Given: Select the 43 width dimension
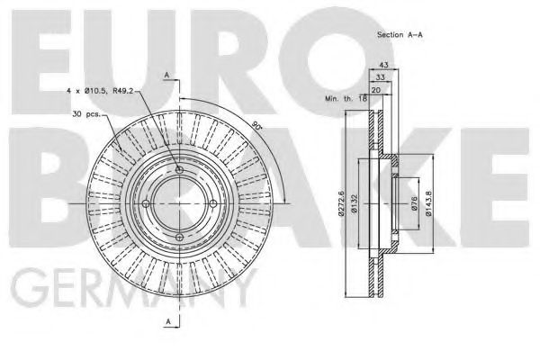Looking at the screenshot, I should coord(382,67).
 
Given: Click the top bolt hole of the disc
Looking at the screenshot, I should coord(180,169).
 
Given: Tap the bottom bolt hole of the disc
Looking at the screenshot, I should coord(180,238).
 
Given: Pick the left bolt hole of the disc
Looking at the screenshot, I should coord(146,203).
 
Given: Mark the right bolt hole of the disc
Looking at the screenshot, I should coord(214,203).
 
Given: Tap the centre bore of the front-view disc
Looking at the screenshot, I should coord(180,203).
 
